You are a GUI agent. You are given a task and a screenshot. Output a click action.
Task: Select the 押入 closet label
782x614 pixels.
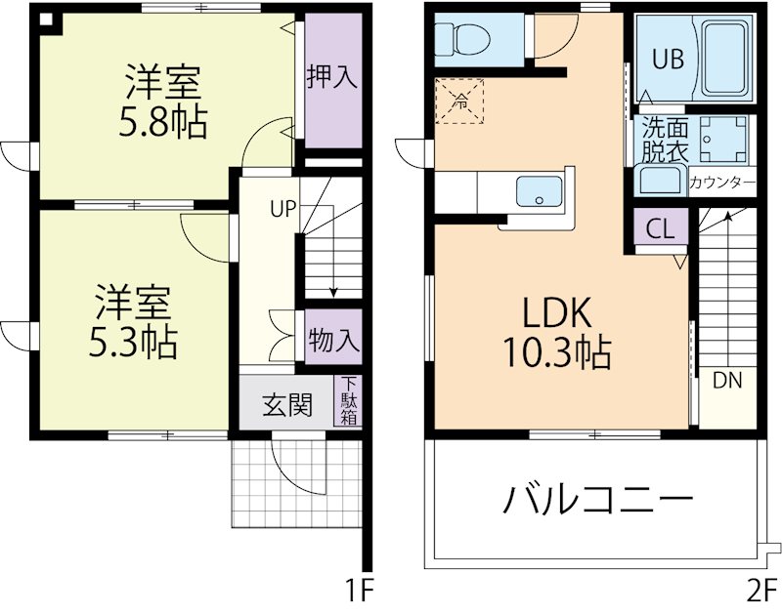coord(331,78)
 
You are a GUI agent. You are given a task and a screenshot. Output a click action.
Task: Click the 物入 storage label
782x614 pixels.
coord(333,341)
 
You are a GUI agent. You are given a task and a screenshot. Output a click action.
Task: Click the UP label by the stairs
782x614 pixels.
coord(283,208)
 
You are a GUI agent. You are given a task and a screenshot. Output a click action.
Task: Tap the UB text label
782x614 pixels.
coord(668,58)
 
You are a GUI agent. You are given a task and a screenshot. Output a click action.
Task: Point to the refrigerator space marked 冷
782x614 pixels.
coord(458,99)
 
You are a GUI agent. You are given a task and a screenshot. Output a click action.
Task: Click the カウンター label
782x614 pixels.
coord(721,183)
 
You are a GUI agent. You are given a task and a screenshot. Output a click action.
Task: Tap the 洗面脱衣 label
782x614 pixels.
coord(665,140)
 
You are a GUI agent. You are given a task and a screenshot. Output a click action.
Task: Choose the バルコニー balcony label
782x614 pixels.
coord(598,501)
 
